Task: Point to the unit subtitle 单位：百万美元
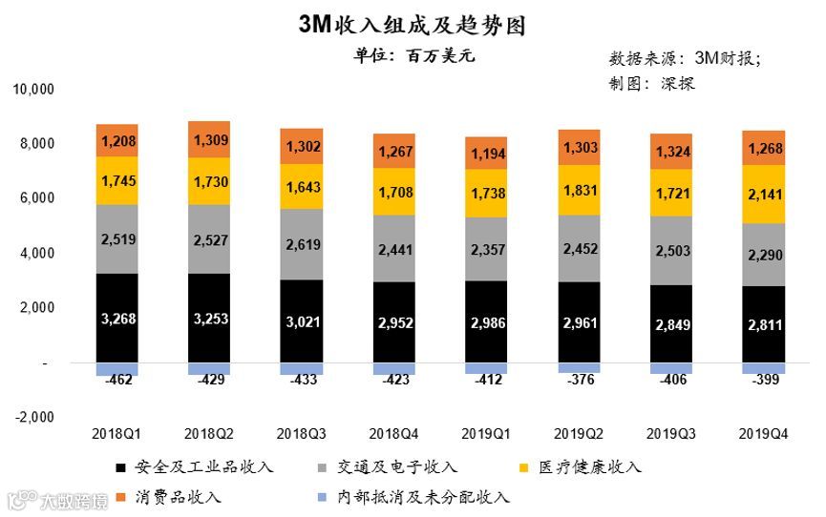[413, 55]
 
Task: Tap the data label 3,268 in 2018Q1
[116, 318]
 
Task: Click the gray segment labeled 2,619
[301, 243]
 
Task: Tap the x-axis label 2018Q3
[301, 433]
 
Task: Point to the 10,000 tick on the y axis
[34, 90]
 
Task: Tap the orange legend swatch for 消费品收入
[119, 497]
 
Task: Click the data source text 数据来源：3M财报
[685, 58]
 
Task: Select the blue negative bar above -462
[116, 369]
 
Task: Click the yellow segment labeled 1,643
[301, 187]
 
